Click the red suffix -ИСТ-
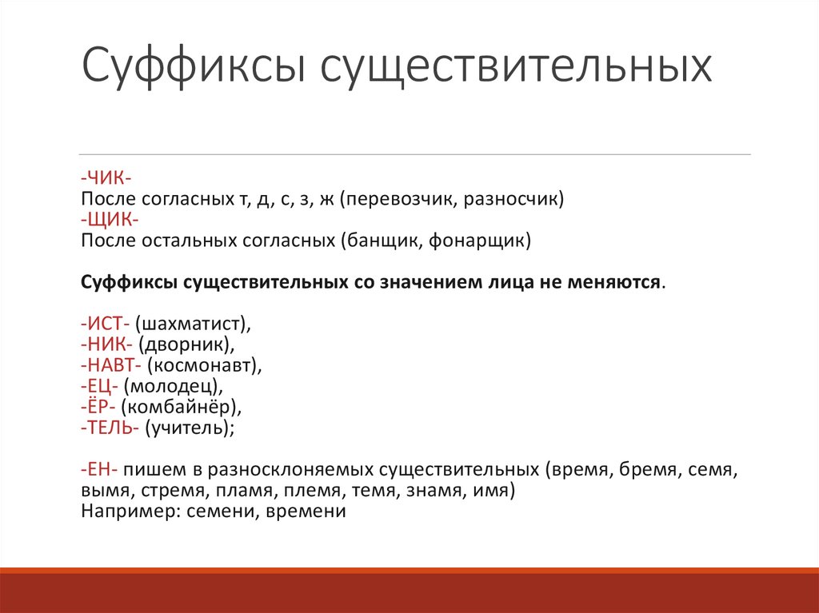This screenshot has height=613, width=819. pyautogui.click(x=106, y=324)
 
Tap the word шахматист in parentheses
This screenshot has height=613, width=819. pyautogui.click(x=193, y=324)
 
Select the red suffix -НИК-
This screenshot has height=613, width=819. pyautogui.click(x=107, y=344)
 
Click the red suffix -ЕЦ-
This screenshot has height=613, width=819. pyautogui.click(x=100, y=386)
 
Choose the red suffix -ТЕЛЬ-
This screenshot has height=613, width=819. pyautogui.click(x=111, y=428)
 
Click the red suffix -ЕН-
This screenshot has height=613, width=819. pyautogui.click(x=100, y=469)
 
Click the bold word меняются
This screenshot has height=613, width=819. pyautogui.click(x=616, y=282)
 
